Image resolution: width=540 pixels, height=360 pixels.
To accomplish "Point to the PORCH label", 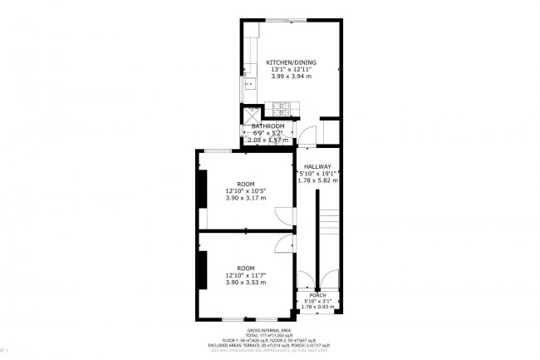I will [317, 294].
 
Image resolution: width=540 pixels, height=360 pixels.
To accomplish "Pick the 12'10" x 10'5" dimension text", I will [246, 190].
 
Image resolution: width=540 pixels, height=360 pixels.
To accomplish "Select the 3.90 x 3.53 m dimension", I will [246, 283].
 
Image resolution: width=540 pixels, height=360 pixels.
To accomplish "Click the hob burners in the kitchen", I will [280, 107].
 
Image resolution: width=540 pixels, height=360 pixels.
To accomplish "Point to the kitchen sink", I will [248, 83].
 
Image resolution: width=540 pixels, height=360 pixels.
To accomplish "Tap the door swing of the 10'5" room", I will [283, 215].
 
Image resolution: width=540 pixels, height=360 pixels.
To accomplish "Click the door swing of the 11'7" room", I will [283, 244].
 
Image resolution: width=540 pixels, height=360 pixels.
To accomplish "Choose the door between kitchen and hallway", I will [308, 137].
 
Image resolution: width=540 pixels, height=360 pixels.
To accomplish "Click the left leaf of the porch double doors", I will [307, 279].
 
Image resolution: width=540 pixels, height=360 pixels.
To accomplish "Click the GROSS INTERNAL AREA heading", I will [270, 330].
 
